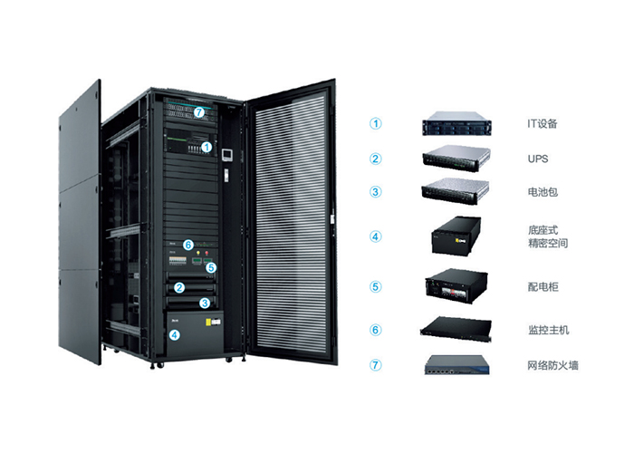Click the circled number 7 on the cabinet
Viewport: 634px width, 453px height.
click(x=199, y=111)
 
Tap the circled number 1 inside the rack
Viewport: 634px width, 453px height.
click(x=207, y=146)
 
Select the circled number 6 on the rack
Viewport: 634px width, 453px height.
click(x=188, y=245)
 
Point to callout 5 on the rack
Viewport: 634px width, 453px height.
click(x=209, y=268)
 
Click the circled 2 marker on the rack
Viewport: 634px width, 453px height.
click(x=180, y=288)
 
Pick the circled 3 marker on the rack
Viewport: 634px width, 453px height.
click(x=206, y=303)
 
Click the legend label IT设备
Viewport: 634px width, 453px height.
click(x=542, y=123)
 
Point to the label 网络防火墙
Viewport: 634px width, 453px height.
click(x=552, y=366)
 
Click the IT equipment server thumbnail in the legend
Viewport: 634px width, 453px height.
click(x=455, y=123)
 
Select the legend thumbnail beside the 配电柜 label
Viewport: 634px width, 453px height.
click(x=456, y=284)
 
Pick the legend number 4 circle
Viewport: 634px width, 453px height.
click(x=376, y=237)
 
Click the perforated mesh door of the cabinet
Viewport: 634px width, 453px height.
click(x=290, y=226)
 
